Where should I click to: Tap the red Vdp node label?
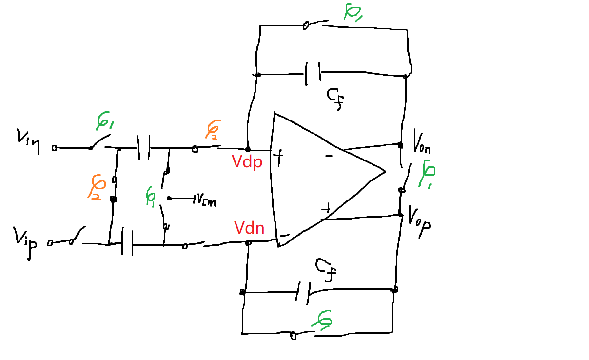tap(248, 162)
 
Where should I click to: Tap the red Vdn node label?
tap(249, 228)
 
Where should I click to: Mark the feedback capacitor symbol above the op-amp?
tap(313, 74)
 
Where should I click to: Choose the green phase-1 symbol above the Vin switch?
tap(103, 121)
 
